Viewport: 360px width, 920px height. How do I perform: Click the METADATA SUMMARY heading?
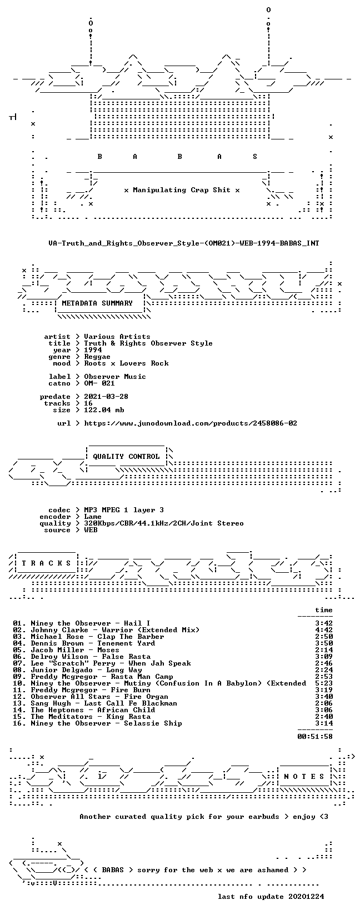coord(97,303)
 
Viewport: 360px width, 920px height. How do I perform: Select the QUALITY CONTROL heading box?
coord(127,456)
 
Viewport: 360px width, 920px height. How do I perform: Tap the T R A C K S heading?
coord(46,563)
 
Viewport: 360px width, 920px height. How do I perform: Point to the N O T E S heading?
coord(304,776)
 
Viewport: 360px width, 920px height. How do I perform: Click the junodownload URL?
coord(191,423)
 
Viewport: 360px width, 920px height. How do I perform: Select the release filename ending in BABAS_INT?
coord(183,243)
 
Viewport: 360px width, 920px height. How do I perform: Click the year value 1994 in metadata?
coord(93,350)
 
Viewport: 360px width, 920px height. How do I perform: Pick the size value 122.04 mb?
coord(104,410)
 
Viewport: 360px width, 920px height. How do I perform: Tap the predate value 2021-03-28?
coord(106,396)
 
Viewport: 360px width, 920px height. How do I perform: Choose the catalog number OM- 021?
coord(99,383)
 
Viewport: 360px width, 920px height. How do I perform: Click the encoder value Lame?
coord(93,517)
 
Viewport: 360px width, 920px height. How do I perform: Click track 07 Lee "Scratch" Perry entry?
coord(102,663)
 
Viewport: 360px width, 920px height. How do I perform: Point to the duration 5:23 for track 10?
coord(324,683)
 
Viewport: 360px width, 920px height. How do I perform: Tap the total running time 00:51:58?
coord(315,737)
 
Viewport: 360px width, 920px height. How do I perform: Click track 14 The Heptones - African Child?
coord(84,709)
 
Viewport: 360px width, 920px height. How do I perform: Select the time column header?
coord(324,610)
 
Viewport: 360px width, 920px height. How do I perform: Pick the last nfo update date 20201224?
coord(306,896)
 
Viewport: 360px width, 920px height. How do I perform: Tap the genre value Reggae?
coord(97,357)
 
